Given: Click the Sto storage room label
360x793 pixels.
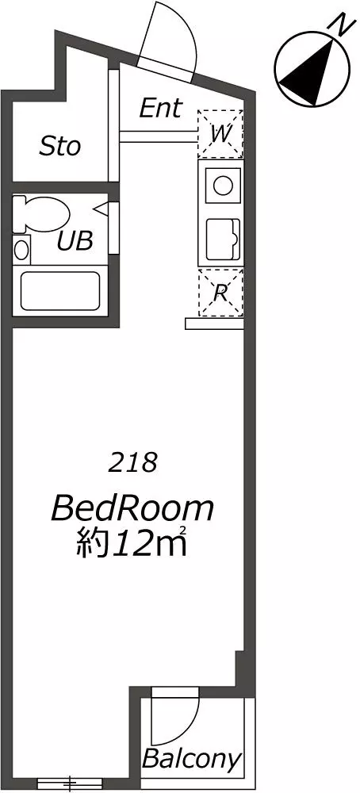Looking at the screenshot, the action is pos(60,147).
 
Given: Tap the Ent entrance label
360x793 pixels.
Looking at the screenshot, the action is pos(160,108).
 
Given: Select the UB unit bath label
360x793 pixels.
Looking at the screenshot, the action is pos(75,241).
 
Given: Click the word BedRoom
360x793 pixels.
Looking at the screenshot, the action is pos(132,509).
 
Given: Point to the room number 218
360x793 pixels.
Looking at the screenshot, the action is pos(134,463).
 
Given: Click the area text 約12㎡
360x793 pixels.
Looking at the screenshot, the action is pos(132,541).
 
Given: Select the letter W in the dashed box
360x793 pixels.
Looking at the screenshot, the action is pos(221,135).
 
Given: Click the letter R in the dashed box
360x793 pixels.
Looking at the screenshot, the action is pos(220,293).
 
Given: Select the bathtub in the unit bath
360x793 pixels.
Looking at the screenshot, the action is pos(60,291).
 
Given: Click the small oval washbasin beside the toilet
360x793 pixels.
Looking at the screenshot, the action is pos(21,251).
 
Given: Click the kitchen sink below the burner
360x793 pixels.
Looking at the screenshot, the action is pos(223,238).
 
